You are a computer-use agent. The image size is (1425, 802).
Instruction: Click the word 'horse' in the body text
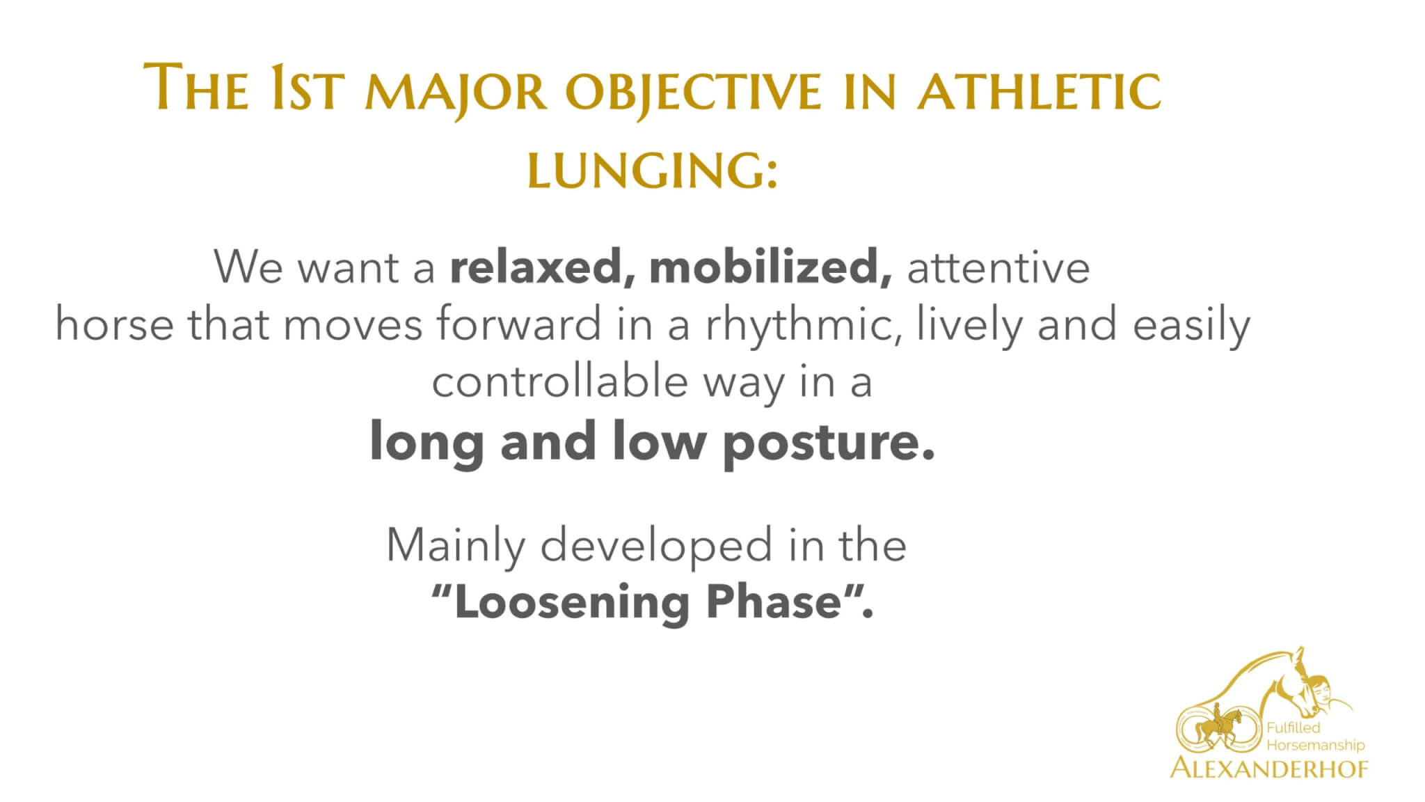click(114, 325)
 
